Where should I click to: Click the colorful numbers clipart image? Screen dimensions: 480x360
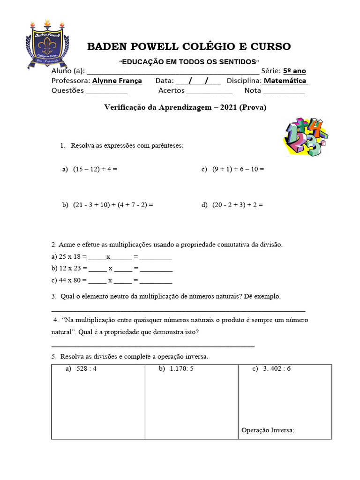[x=304, y=137]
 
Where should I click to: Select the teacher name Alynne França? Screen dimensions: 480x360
[x=117, y=81]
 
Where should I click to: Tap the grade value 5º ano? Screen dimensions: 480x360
[x=294, y=71]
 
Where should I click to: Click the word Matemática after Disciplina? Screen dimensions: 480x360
[x=285, y=81]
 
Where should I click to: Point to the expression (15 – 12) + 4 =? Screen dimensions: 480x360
[x=95, y=169]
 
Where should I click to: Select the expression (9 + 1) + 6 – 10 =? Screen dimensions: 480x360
[x=238, y=169]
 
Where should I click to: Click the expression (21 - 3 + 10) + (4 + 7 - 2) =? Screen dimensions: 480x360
[x=113, y=205]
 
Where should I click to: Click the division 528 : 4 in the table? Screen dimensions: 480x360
[x=86, y=369]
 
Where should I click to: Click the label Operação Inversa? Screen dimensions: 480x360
[x=268, y=430]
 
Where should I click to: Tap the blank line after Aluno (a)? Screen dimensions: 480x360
[x=172, y=72]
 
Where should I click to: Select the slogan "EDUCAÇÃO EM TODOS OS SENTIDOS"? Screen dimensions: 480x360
[x=189, y=62]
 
